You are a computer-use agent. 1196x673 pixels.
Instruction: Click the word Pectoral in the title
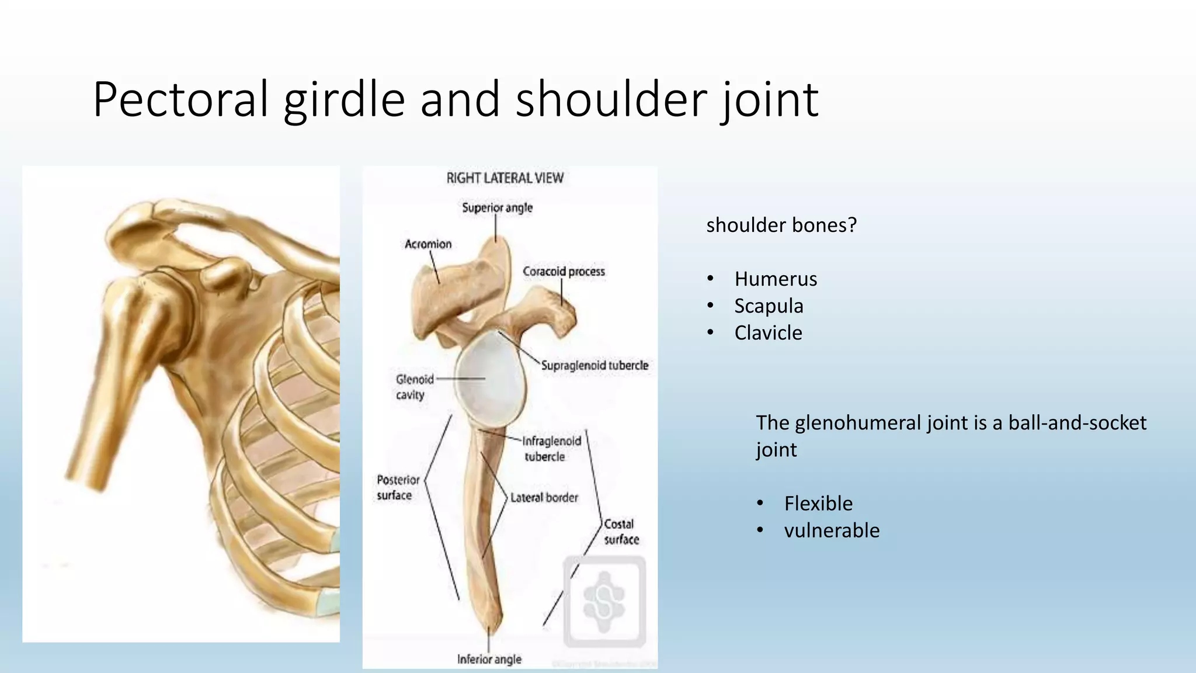pyautogui.click(x=180, y=99)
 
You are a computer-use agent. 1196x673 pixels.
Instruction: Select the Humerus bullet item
pyautogui.click(x=775, y=279)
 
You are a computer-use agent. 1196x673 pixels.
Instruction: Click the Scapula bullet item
pyautogui.click(x=769, y=306)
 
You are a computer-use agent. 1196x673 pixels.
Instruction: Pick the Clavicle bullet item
pyautogui.click(x=768, y=333)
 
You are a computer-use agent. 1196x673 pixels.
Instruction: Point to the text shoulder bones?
pyautogui.click(x=781, y=225)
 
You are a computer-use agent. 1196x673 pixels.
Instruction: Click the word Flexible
pyautogui.click(x=818, y=504)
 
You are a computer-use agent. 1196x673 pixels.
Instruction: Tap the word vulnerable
pyautogui.click(x=831, y=530)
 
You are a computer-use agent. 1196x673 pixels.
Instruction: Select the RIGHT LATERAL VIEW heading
pyautogui.click(x=505, y=178)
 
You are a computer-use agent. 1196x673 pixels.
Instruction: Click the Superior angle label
pyautogui.click(x=497, y=208)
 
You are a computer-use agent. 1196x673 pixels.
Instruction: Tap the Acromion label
pyautogui.click(x=428, y=244)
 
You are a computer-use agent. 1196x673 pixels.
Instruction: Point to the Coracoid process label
pyautogui.click(x=564, y=272)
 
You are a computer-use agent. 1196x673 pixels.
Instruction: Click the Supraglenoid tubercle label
pyautogui.click(x=594, y=366)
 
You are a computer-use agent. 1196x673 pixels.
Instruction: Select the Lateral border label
pyautogui.click(x=544, y=498)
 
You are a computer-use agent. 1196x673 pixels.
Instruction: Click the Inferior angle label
pyautogui.click(x=489, y=660)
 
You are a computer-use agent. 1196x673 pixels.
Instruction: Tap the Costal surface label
pyautogui.click(x=621, y=532)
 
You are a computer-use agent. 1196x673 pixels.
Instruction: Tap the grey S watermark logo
pyautogui.click(x=604, y=602)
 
